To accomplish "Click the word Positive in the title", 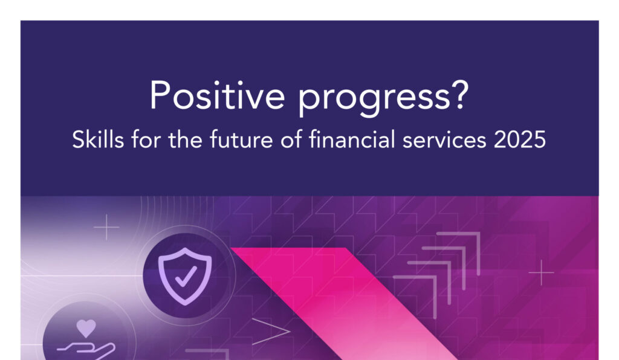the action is pyautogui.click(x=217, y=95).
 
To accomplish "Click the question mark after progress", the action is pyautogui.click(x=460, y=95).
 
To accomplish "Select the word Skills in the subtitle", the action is pyautogui.click(x=98, y=140).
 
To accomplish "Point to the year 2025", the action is pyautogui.click(x=519, y=140).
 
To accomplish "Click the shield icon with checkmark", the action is pyautogui.click(x=185, y=276).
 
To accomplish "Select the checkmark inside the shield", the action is pyautogui.click(x=186, y=276).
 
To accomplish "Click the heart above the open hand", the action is pyautogui.click(x=86, y=328).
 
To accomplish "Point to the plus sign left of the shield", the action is pyautogui.click(x=106, y=227).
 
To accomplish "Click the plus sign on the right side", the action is pyautogui.click(x=541, y=272).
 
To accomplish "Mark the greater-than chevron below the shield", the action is pyautogui.click(x=271, y=331).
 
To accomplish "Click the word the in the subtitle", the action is pyautogui.click(x=185, y=140).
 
